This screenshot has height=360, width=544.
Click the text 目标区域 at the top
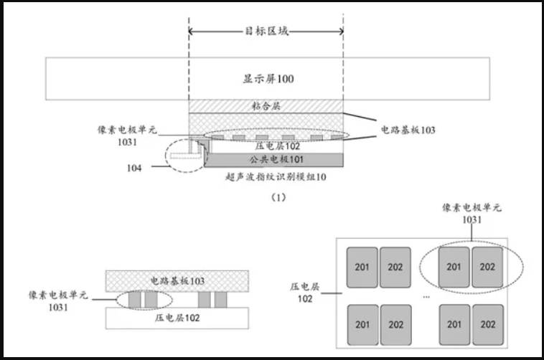[x=265, y=32]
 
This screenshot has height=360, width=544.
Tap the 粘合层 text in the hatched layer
[x=265, y=105]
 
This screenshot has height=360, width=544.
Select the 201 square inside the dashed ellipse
[x=454, y=267]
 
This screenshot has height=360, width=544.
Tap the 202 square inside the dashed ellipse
[x=487, y=267]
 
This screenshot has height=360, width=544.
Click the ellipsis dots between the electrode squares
[x=427, y=295]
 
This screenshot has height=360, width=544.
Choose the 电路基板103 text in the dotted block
[x=177, y=280]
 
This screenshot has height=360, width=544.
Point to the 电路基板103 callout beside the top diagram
[x=408, y=131]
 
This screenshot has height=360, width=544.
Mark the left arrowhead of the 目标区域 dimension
[x=192, y=32]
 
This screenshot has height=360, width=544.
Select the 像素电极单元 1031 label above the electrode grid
[x=471, y=214]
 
